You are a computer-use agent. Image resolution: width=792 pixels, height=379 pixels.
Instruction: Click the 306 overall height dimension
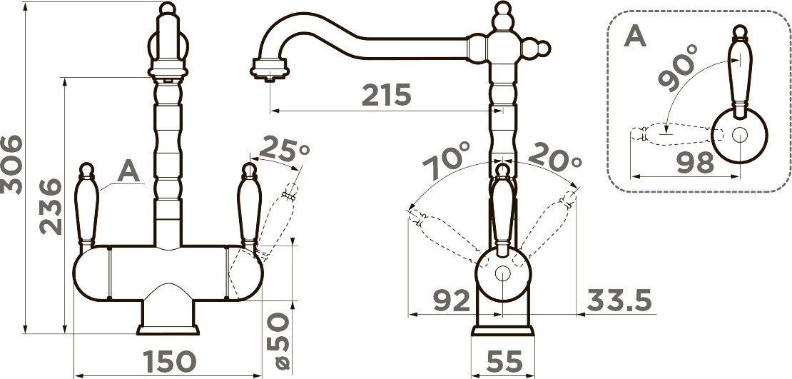click(11, 165)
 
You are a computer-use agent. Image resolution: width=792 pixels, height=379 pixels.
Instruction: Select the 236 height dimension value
click(51, 207)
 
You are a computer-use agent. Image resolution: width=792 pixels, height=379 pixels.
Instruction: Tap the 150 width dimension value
click(168, 361)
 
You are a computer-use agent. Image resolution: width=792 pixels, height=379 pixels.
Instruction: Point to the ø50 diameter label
click(279, 340)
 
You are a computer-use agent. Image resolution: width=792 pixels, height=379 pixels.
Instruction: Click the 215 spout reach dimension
click(387, 95)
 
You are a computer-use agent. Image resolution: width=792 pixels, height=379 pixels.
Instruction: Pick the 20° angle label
click(554, 156)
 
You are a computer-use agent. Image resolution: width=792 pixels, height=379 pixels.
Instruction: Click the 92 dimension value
click(452, 301)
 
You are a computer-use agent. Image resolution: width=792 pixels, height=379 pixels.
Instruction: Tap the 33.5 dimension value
click(619, 301)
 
